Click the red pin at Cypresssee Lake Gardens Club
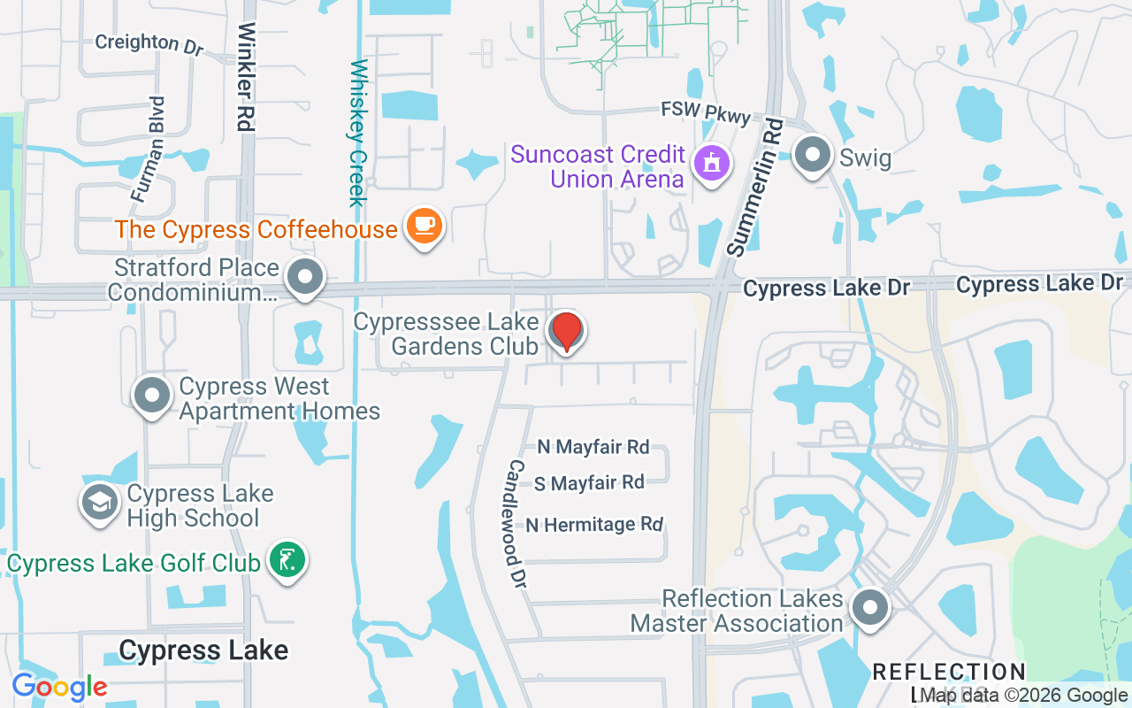[566, 332]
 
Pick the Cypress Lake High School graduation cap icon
[100, 503]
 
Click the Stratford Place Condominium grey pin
[305, 277]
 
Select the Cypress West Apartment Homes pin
[151, 396]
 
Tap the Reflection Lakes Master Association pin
[869, 608]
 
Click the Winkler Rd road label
[246, 77]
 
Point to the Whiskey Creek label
[358, 133]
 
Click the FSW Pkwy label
[706, 113]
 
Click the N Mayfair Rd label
[593, 447]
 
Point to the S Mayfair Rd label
[589, 483]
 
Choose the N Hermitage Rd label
[594, 525]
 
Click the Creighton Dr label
[149, 43]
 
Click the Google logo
[59, 686]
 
